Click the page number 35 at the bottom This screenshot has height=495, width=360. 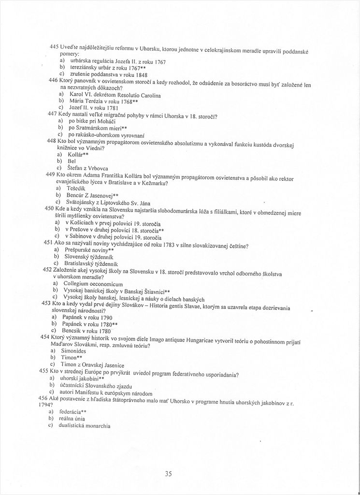point(168,474)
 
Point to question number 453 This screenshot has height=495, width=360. point(46,303)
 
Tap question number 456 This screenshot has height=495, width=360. point(44,397)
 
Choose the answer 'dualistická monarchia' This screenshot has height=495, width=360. point(86,425)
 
